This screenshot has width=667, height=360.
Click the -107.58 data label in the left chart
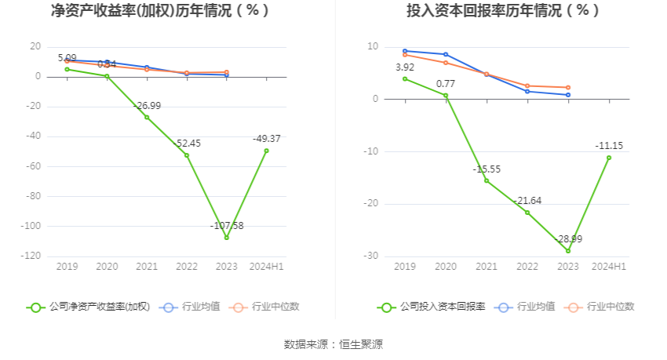(227, 226)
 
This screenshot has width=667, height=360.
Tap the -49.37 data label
(267, 139)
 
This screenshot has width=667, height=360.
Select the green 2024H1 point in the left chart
(267, 151)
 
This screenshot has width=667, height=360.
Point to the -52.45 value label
(187, 144)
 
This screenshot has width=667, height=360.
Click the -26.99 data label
(147, 105)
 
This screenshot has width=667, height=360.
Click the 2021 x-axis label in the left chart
(147, 267)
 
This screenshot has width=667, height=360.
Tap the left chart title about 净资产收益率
(160, 11)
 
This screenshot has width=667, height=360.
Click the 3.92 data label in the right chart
(405, 67)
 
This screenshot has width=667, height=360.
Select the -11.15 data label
(608, 146)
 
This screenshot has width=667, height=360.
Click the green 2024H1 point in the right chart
(608, 158)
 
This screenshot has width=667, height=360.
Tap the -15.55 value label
(487, 169)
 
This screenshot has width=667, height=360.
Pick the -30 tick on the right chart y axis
(370, 256)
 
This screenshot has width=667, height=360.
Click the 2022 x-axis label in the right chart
(527, 267)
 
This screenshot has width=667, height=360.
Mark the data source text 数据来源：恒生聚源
(333, 344)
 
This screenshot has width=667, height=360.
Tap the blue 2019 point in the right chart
(405, 51)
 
